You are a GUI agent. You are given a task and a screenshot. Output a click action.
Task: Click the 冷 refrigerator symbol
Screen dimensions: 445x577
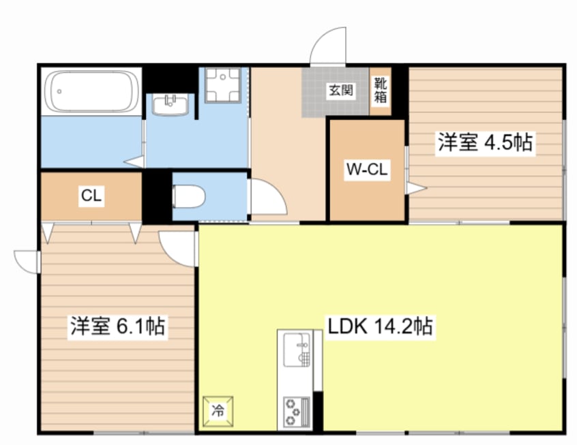point(217,411)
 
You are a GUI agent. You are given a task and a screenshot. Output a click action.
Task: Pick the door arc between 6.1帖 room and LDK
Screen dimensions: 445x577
point(179,247)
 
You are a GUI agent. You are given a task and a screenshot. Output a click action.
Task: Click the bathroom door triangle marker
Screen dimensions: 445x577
point(134,162)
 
